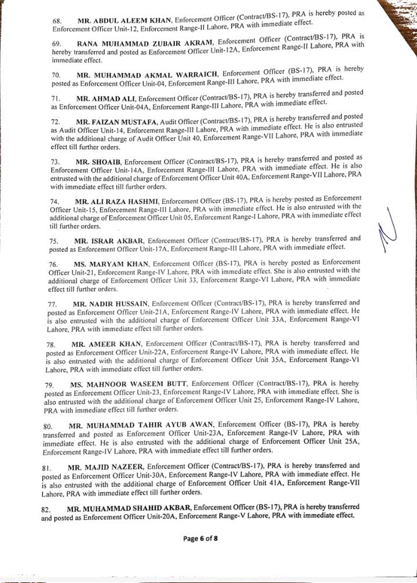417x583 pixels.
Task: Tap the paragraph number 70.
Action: [56, 75]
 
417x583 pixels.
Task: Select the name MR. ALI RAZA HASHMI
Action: [110, 200]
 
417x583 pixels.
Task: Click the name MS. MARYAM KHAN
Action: [108, 263]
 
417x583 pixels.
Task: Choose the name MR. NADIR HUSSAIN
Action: [111, 303]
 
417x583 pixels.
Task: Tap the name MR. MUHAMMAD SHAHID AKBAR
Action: [133, 508]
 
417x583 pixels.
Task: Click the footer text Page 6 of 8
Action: [200, 538]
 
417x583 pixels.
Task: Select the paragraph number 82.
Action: [48, 509]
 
